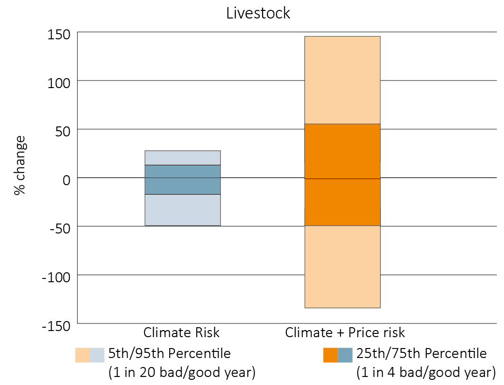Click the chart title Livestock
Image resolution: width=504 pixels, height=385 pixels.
click(258, 13)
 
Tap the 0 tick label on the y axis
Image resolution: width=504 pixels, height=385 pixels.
click(67, 179)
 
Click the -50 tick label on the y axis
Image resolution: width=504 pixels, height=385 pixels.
click(61, 228)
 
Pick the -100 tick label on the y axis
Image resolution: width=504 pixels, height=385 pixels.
click(57, 276)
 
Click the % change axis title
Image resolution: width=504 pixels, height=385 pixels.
click(19, 166)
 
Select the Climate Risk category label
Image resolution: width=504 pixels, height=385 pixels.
click(182, 332)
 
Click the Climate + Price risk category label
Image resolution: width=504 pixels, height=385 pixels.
click(345, 332)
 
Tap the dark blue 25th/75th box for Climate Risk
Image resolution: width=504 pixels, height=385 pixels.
click(183, 179)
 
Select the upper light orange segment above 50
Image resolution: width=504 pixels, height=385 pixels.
click(342, 80)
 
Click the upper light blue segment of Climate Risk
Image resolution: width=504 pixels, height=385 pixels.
click(183, 158)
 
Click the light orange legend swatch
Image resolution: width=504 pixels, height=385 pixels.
click(82, 355)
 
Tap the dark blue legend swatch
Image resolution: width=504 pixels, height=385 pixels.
click(345, 355)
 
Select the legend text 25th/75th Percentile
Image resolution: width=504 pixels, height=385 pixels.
click(421, 354)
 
